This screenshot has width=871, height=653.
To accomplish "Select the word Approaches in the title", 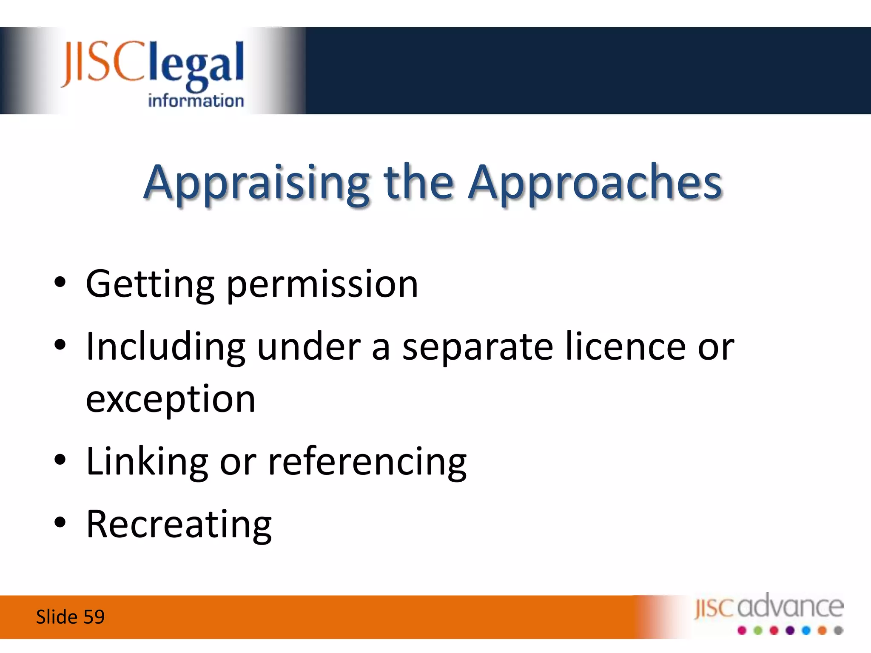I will tap(595, 184).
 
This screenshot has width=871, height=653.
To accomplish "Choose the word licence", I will tap(625, 347).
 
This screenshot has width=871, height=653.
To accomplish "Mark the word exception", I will tap(171, 400).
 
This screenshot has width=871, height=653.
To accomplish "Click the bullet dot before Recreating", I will tap(60, 522).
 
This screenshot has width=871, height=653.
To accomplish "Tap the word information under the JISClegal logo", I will tap(196, 101).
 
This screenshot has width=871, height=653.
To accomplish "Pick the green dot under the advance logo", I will tap(758, 630).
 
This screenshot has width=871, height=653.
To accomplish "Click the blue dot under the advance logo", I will tap(806, 630).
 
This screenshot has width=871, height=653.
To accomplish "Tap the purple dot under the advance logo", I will tap(790, 630).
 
